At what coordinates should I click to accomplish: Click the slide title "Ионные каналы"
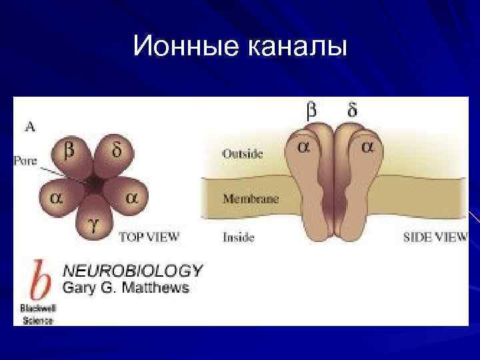click(x=240, y=47)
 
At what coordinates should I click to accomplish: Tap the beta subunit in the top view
click(x=68, y=153)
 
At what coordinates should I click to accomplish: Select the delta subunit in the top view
click(x=115, y=153)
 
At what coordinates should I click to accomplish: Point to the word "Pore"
click(x=25, y=161)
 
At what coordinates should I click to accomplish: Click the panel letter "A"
click(x=31, y=125)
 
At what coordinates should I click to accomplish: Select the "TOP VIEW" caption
click(x=149, y=237)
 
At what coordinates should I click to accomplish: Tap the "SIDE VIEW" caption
click(x=435, y=237)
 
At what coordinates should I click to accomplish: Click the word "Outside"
click(x=242, y=154)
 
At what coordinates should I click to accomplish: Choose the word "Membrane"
click(x=251, y=199)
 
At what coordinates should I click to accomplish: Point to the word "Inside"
click(x=238, y=237)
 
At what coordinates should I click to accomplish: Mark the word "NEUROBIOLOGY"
click(x=132, y=270)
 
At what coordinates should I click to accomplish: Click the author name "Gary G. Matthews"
click(x=126, y=288)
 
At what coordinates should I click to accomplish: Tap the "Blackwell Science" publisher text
click(x=37, y=314)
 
